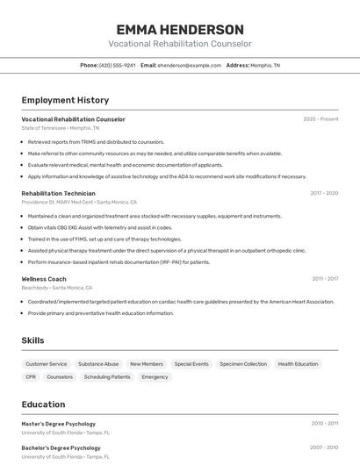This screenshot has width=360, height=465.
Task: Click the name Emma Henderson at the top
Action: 180,29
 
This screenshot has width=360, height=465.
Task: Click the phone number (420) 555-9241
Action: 118,66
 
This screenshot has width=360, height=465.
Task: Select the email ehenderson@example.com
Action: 190,66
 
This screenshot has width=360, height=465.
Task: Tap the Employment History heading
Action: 65,100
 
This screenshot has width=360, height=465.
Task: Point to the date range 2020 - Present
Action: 320,119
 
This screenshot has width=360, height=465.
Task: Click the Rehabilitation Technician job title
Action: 59,193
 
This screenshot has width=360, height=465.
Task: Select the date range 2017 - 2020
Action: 323,193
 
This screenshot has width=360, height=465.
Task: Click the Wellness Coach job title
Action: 44,279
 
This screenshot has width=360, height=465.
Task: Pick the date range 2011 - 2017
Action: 325,279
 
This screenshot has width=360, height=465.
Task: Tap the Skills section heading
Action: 32,340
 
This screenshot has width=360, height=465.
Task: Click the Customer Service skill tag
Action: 47,363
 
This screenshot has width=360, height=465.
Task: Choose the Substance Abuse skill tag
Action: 98,363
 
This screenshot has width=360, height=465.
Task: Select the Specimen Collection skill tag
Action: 243,363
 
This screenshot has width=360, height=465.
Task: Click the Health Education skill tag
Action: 298,363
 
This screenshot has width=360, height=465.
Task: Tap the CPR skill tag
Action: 31,377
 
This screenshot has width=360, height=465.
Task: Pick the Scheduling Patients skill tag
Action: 107,377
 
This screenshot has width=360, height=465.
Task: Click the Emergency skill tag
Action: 155,377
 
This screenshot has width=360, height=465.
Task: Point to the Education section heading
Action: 43,404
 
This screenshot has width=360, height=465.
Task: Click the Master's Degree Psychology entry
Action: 59,424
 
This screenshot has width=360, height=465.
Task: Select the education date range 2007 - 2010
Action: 325,447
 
